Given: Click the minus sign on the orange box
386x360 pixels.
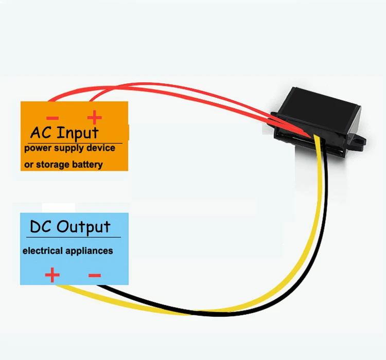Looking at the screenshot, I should tap(51, 119).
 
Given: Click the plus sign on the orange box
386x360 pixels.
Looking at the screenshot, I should tap(94, 118).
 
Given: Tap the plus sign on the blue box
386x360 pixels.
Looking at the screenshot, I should tap(52, 275).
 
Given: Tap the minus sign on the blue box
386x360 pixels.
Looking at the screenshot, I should tap(94, 276).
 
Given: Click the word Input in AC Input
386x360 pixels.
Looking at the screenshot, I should tap(78, 133).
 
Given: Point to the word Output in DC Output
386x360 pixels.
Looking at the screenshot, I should tap(83, 227).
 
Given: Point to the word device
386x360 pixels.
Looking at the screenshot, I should tap(101, 148).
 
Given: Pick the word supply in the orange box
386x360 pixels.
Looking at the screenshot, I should tap(71, 149).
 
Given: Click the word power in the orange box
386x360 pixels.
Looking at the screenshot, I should tap(37, 149).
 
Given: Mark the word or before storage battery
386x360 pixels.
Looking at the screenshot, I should tap(29, 165).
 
